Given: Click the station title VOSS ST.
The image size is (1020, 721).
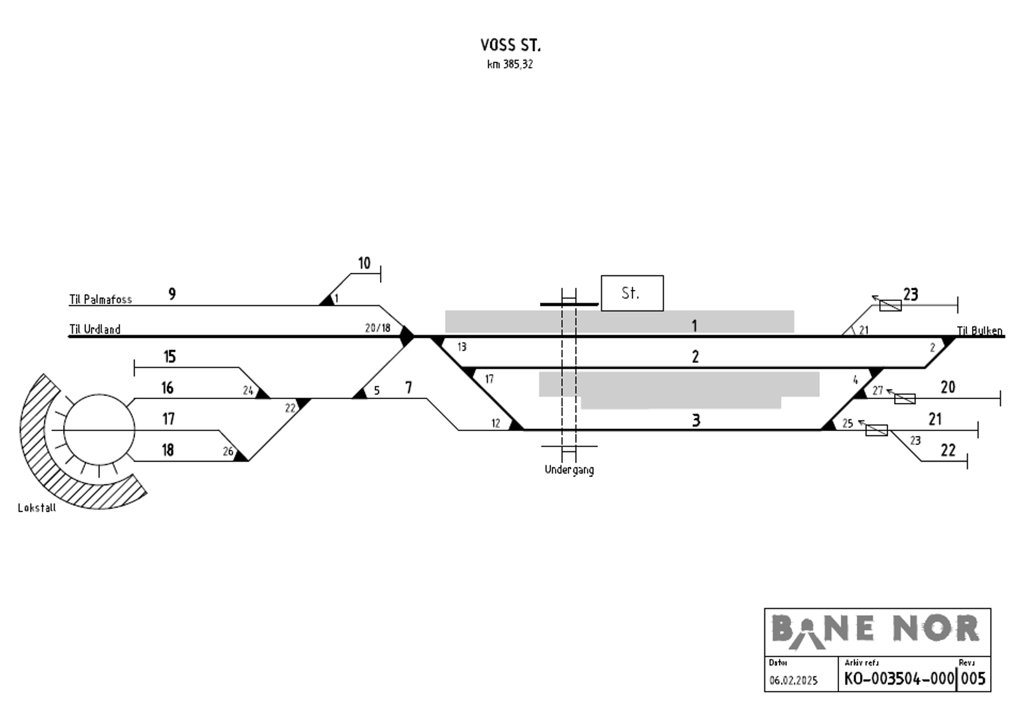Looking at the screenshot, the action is tap(511, 45).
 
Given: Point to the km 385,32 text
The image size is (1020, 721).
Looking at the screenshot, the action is tap(510, 64).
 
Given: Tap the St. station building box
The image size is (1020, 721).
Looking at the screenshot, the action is tap(632, 293).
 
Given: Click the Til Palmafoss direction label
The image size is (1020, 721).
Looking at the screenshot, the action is tap(101, 299).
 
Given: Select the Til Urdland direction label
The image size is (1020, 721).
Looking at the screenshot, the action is tap(95, 329).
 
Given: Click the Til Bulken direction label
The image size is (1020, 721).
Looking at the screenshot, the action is tap(979, 331).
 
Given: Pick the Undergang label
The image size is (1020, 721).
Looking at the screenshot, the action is tap(569, 470).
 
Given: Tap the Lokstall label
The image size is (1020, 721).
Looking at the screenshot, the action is tap(37, 508).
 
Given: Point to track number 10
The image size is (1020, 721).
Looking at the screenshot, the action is tap(364, 263).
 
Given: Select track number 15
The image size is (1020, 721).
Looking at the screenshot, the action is tap(170, 356).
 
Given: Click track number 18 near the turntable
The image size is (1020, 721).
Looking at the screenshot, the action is tap(168, 450).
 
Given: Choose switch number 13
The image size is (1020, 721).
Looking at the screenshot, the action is tap(462, 347).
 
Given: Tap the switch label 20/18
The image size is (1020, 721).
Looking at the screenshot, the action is tap(377, 328).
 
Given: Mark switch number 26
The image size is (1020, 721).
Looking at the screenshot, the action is tap(228, 451).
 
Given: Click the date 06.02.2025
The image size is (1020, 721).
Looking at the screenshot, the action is tap(794, 680).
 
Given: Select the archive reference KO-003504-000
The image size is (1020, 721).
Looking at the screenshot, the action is tap(900, 679).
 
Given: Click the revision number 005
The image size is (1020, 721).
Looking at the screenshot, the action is tap(973, 679).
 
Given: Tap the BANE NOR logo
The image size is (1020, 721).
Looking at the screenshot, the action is tap(876, 632).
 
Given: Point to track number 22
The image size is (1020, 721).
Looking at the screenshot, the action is tap(948, 451).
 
